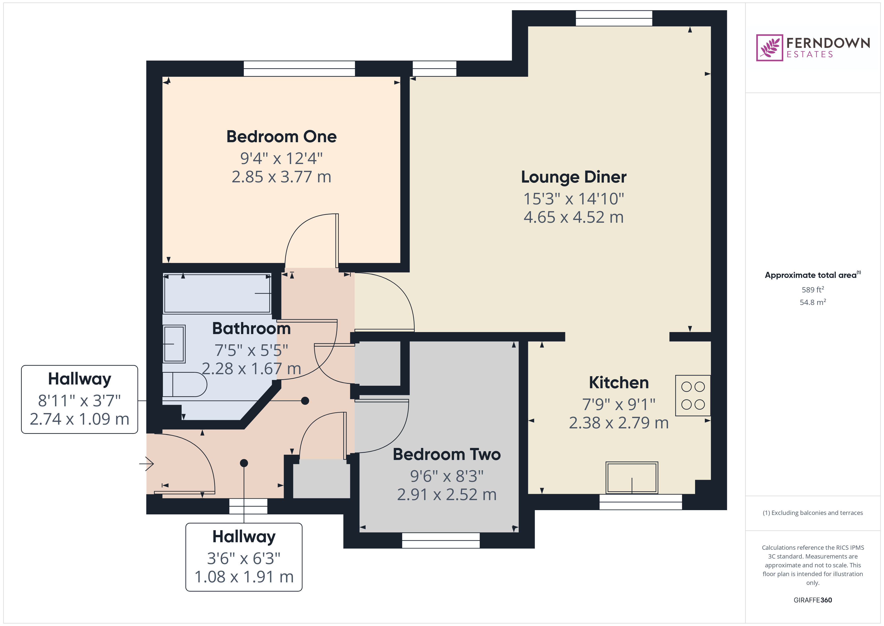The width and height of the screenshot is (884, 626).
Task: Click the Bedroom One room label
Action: [x=281, y=136]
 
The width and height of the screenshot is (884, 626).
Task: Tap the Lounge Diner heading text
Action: [x=574, y=177]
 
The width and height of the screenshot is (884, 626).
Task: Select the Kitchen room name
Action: [x=619, y=382]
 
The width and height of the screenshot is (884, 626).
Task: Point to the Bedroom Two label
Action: [x=447, y=454]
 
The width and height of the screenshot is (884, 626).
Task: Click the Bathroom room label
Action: [x=251, y=328]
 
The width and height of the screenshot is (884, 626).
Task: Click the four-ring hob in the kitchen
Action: [x=693, y=396]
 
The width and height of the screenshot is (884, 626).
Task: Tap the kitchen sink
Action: [x=632, y=478]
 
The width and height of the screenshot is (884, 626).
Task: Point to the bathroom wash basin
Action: [x=174, y=344]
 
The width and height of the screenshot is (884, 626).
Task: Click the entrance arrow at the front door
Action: [x=147, y=464]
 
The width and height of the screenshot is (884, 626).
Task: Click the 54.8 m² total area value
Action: [x=813, y=302]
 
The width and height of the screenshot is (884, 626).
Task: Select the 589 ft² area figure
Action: [x=813, y=289]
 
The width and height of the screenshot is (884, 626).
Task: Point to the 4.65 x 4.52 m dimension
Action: [x=574, y=217]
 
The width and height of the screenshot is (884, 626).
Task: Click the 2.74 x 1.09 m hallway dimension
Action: [x=80, y=419]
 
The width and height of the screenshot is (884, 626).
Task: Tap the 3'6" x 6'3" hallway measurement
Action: [x=244, y=558]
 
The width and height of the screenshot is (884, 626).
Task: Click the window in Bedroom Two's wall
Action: [x=441, y=540]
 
